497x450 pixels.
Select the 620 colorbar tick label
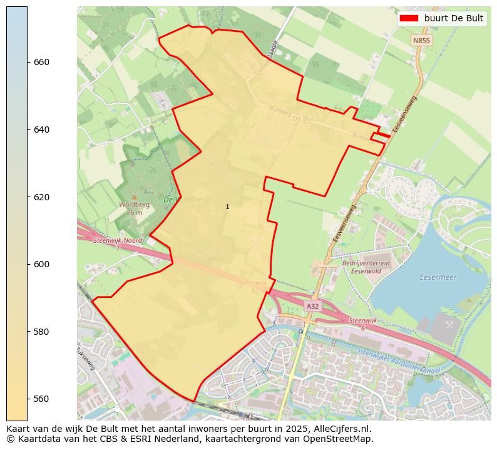(x=41, y=197)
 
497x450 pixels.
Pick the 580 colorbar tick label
(x=41, y=331)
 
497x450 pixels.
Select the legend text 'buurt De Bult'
(x=453, y=18)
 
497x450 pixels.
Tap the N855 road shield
(x=421, y=40)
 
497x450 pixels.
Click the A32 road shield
(x=312, y=306)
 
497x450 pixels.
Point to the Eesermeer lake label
(x=438, y=276)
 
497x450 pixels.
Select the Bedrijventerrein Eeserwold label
(x=366, y=267)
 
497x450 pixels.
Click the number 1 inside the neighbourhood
(x=227, y=207)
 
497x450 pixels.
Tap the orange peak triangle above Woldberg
(x=134, y=197)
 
